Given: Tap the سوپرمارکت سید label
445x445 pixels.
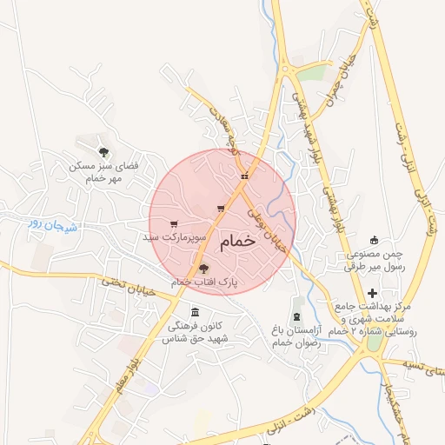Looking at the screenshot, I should point(175,236).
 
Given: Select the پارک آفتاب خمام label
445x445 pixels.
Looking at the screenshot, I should point(203,282).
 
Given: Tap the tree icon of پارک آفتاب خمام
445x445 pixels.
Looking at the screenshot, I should point(203,269).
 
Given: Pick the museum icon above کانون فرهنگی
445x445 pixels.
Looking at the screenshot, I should point(194,312).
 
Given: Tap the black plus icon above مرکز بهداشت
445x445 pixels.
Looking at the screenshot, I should point(374,292).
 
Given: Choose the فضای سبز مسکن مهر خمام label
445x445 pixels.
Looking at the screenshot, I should point(104,171).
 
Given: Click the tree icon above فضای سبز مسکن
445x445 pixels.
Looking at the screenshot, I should point(104,152).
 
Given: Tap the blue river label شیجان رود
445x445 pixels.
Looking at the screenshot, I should point(53,226).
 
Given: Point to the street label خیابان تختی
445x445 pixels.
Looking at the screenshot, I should point(127,285).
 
